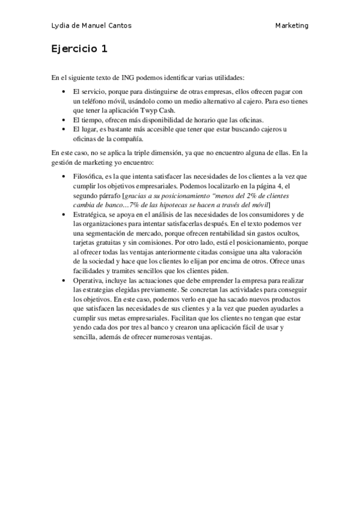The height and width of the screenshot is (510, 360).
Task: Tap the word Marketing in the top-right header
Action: pyautogui.click(x=292, y=26)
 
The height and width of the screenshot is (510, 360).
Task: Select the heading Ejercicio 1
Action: pyautogui.click(x=79, y=49)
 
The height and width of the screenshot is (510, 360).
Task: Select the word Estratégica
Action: pyautogui.click(x=90, y=215)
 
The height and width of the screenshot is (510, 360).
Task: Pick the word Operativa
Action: pyautogui.click(x=88, y=281)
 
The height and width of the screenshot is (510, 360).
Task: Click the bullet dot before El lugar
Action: pyautogui.click(x=64, y=129)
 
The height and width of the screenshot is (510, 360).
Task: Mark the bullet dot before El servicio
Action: pyautogui.click(x=64, y=91)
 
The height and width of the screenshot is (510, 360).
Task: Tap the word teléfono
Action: pyautogui.click(x=94, y=101)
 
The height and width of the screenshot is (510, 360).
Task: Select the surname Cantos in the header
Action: pyautogui.click(x=118, y=26)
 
